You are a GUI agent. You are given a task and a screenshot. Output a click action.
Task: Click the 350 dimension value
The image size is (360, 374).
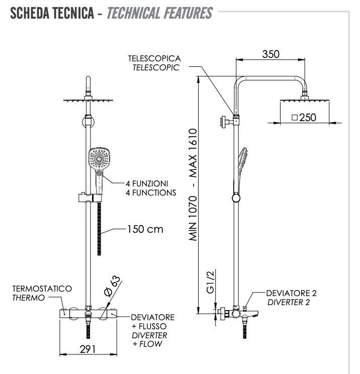pyautogui.click(x=271, y=54)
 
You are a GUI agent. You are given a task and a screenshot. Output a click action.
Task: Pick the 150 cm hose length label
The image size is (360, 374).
pyautogui.click(x=145, y=229)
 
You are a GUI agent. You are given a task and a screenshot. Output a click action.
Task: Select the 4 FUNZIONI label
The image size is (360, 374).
pyautogui.click(x=146, y=183)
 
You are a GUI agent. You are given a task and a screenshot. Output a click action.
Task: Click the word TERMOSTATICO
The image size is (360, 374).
pyautogui.click(x=42, y=289)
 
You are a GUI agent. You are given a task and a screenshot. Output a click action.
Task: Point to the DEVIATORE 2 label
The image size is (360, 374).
pyautogui.click(x=292, y=293)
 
